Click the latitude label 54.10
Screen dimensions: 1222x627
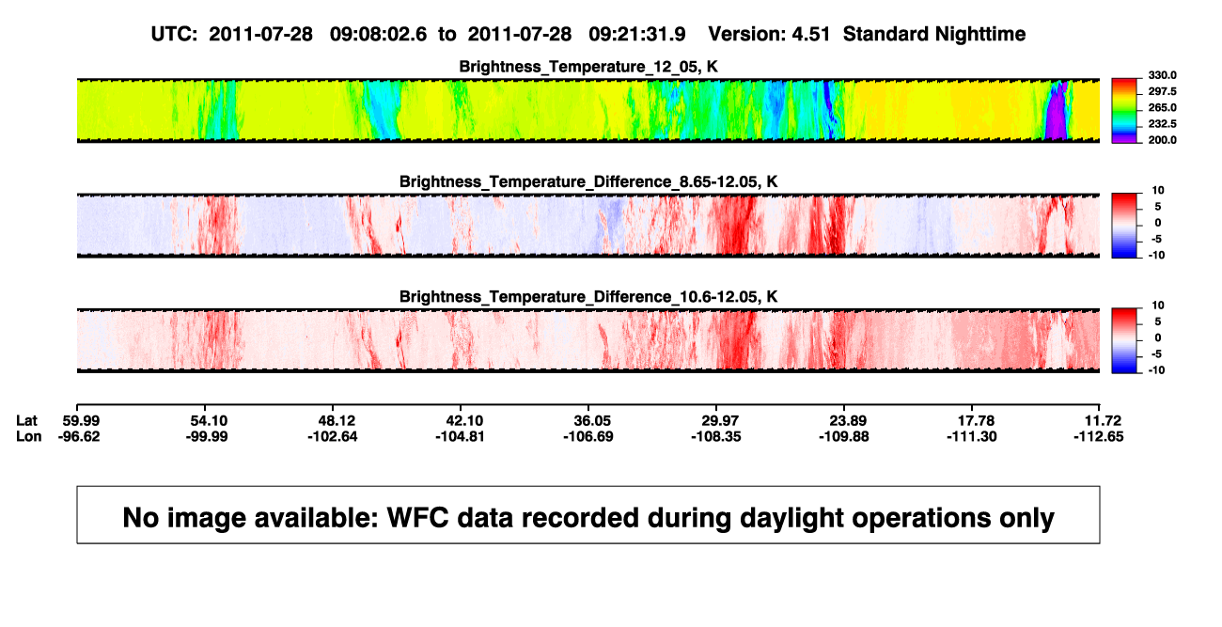206,421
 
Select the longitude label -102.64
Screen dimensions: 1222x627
332,437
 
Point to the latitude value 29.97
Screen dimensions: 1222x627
716,421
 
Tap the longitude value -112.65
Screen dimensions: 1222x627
1098,437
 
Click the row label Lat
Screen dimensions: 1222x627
26,421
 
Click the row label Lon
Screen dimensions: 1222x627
28,437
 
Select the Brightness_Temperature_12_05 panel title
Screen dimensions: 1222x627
588,67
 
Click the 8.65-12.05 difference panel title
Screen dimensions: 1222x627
588,182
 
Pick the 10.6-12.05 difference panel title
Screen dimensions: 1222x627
588,297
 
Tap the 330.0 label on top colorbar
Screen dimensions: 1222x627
1162,75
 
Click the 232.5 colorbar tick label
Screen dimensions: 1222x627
1162,124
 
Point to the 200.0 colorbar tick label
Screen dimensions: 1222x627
1162,140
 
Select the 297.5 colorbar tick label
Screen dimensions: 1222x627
1162,92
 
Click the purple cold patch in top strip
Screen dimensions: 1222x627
1057,116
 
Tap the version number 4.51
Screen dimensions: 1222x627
810,35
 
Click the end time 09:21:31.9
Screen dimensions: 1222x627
636,35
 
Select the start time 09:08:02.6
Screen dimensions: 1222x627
378,35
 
